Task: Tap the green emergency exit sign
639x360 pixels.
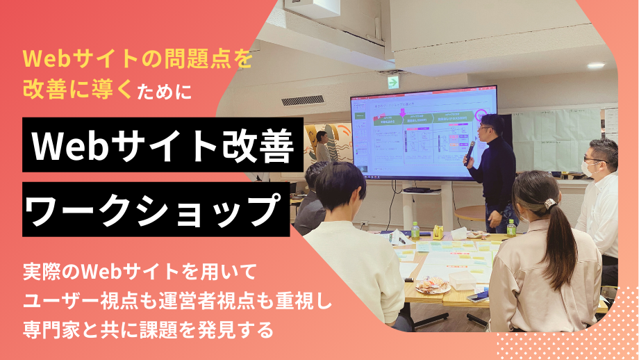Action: [x=393, y=82]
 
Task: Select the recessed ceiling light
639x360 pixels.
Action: [x=595, y=65]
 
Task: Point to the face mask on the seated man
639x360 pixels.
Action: [x=588, y=167]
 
